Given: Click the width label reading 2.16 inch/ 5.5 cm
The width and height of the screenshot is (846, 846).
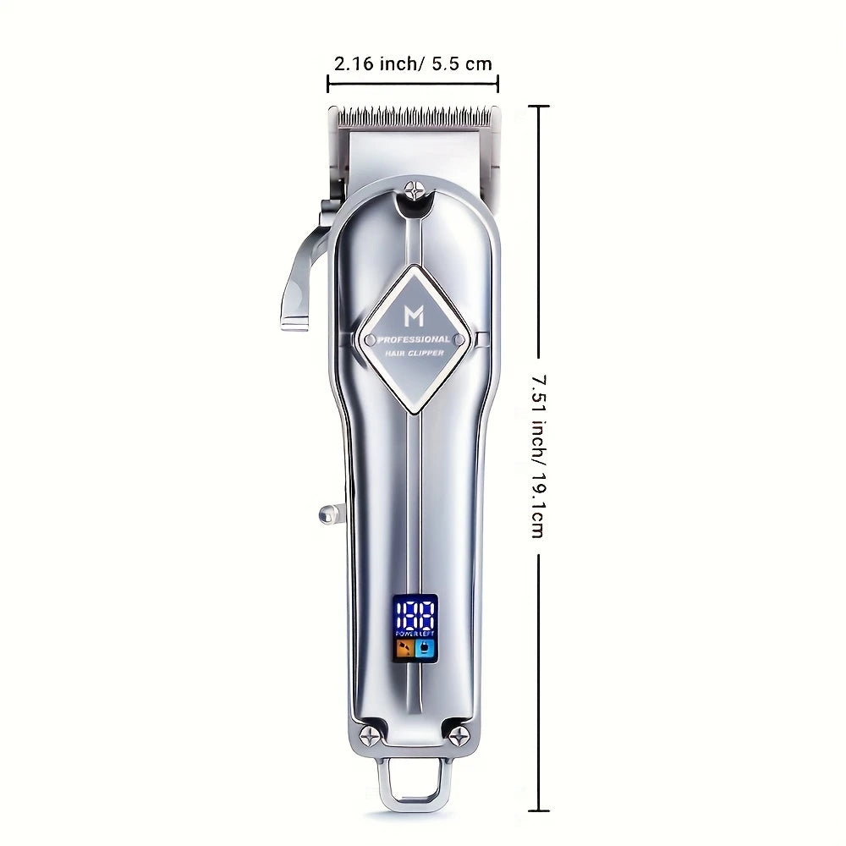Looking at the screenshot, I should (x=413, y=63).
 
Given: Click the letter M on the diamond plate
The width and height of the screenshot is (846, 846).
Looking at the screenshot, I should (x=414, y=316).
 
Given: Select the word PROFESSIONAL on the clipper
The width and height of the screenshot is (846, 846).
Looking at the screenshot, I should (x=414, y=338).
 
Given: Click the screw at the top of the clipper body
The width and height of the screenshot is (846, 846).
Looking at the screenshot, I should (x=414, y=190).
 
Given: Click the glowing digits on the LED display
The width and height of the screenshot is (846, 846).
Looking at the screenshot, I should (x=414, y=612).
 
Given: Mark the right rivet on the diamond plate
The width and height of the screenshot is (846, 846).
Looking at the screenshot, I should (x=458, y=340).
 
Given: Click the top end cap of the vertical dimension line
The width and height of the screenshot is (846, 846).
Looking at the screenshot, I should (x=539, y=107).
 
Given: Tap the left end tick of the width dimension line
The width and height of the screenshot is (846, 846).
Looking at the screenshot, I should (x=328, y=83).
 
